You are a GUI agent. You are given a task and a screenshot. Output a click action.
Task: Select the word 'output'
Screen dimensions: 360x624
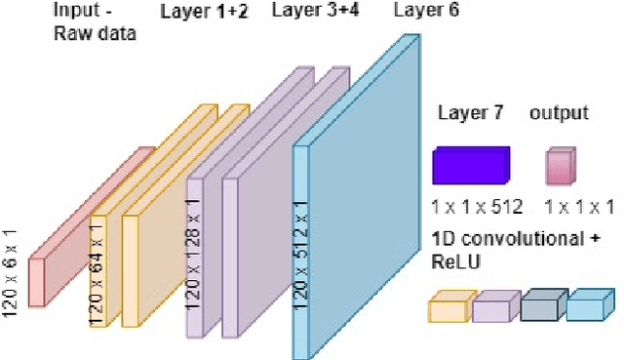559,113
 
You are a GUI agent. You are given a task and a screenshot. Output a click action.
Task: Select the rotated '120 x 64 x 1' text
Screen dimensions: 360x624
99,273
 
